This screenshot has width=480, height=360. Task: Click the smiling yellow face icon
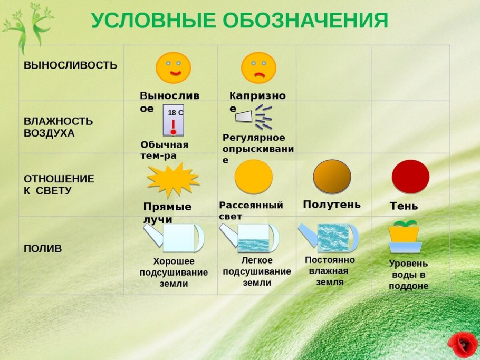173,68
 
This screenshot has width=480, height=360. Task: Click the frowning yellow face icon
258,68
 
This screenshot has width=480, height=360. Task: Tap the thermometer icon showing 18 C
174,120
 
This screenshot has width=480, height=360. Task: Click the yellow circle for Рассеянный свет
254,177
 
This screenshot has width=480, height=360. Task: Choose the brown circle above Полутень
332,177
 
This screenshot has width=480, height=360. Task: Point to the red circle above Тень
410,177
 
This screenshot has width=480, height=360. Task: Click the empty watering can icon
174,238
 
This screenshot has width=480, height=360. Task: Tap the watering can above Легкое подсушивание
250,238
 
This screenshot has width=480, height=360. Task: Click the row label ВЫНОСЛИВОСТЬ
70,65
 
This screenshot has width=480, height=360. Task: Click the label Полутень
332,205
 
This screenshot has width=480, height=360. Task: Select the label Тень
404,206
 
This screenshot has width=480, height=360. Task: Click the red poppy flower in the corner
463,344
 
